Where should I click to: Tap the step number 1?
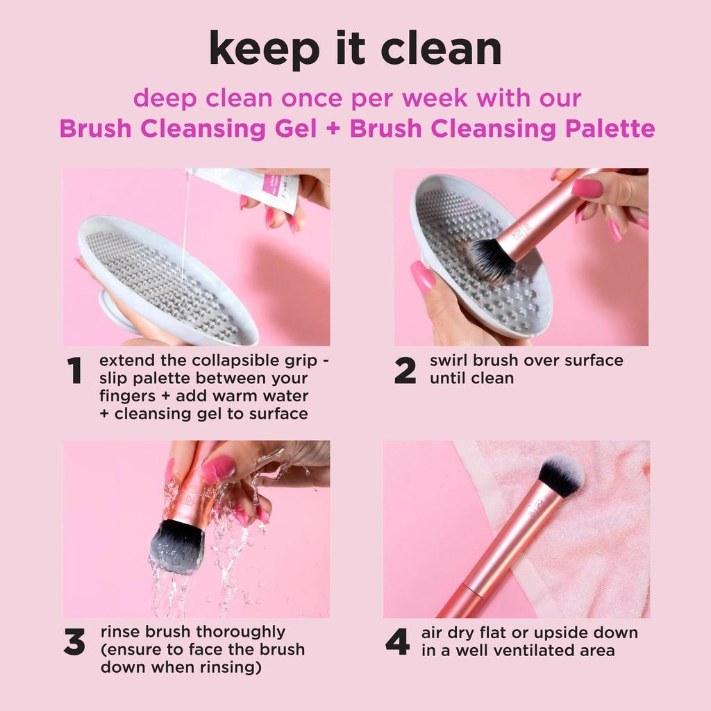point(75,371)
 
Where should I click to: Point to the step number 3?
point(74,643)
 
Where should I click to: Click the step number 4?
point(397,643)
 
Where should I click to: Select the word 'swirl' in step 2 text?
point(451,360)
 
